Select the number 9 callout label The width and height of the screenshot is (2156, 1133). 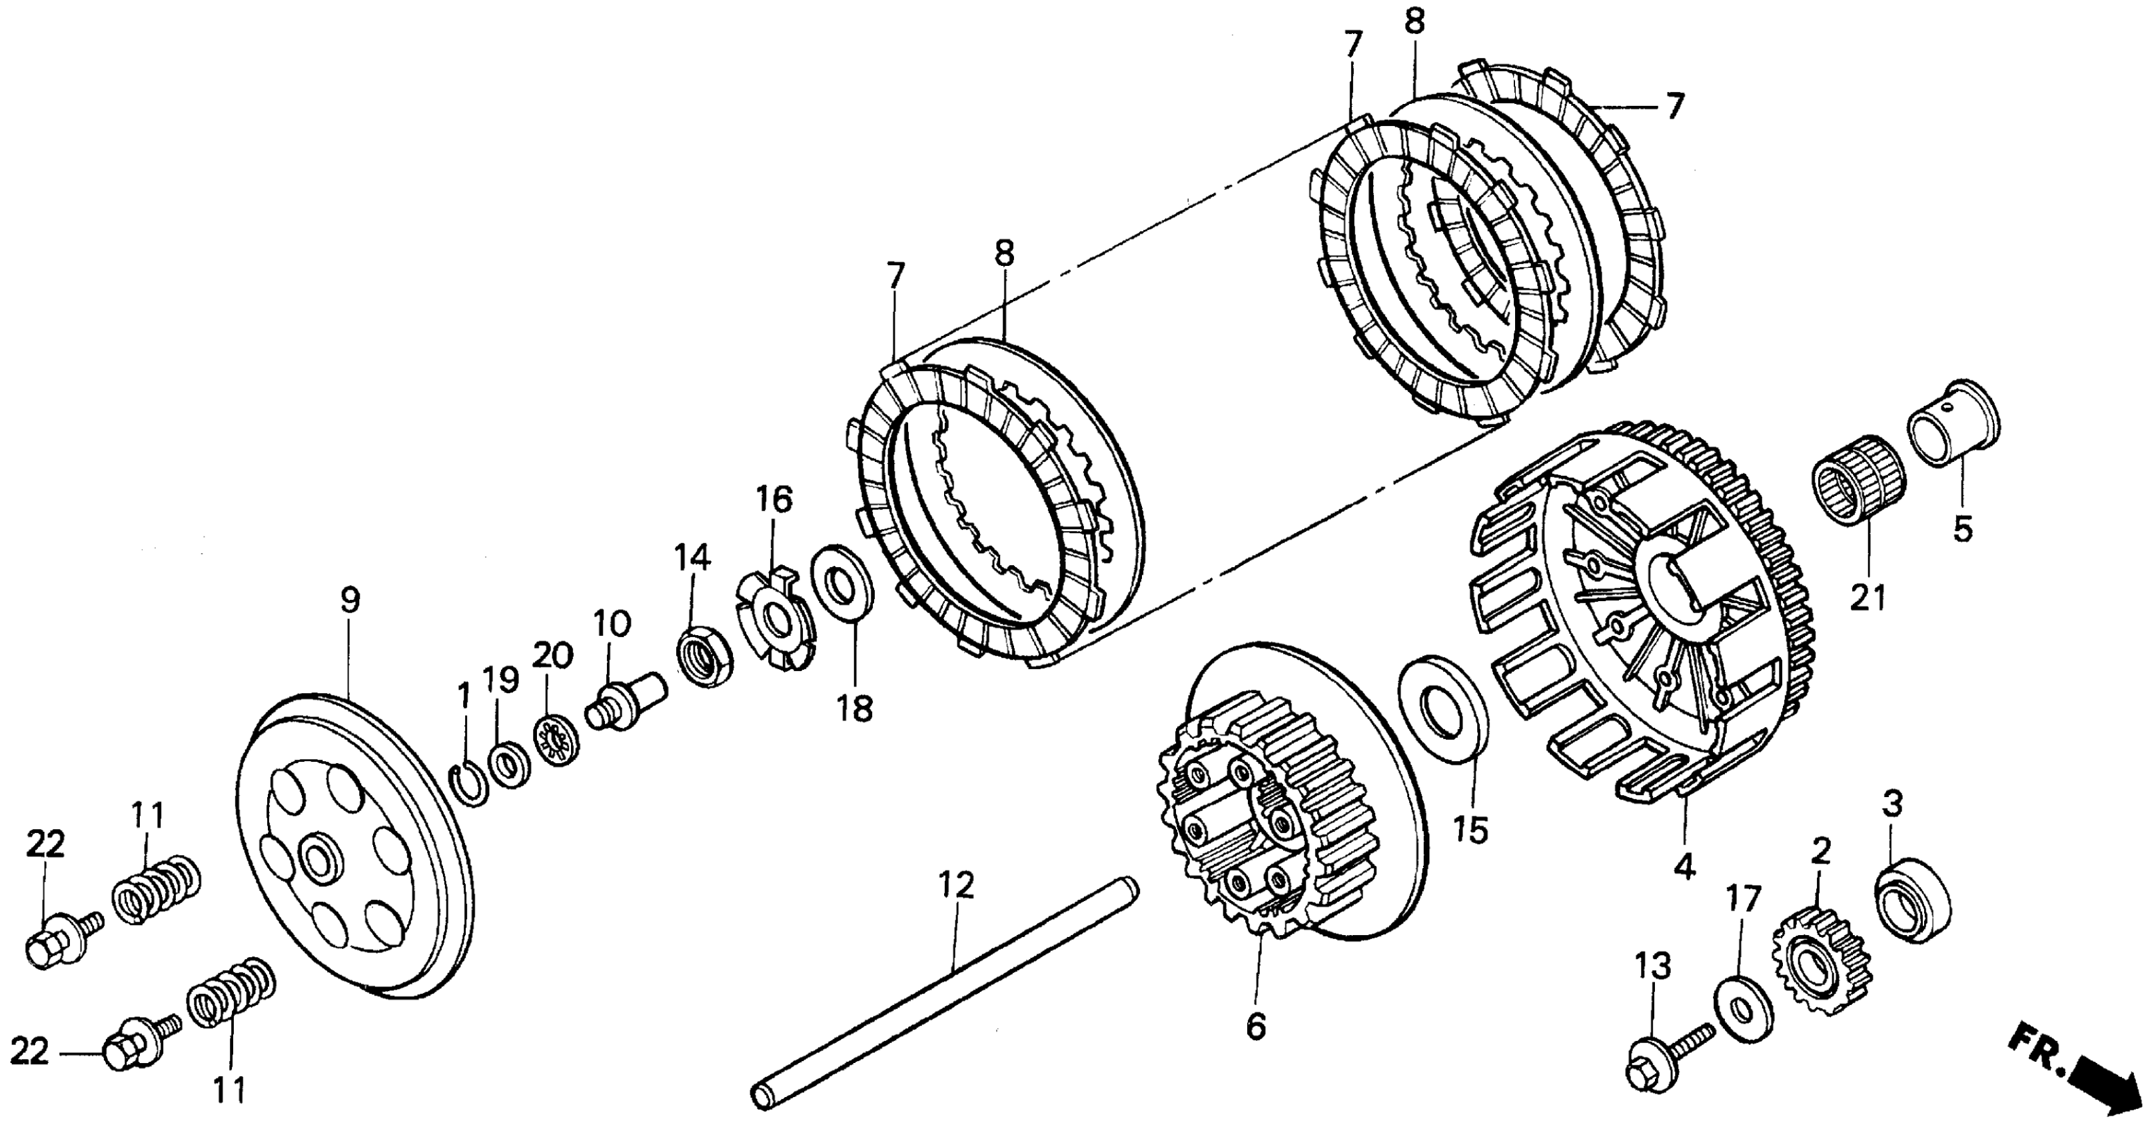[350, 600]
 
